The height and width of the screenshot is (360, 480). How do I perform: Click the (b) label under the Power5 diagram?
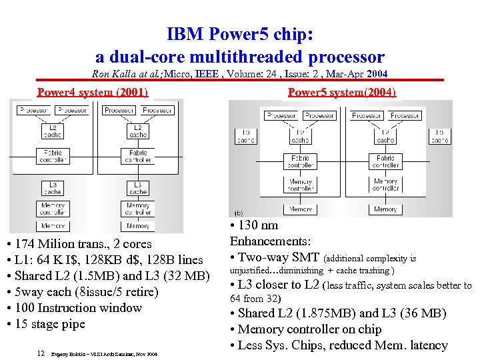click(239, 213)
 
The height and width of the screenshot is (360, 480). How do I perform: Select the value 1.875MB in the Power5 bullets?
click(312, 313)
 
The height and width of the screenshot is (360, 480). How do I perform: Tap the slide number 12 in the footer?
click(41, 353)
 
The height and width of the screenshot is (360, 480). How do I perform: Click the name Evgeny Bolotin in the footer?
click(67, 354)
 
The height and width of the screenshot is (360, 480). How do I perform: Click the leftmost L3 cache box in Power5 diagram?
click(245, 136)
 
